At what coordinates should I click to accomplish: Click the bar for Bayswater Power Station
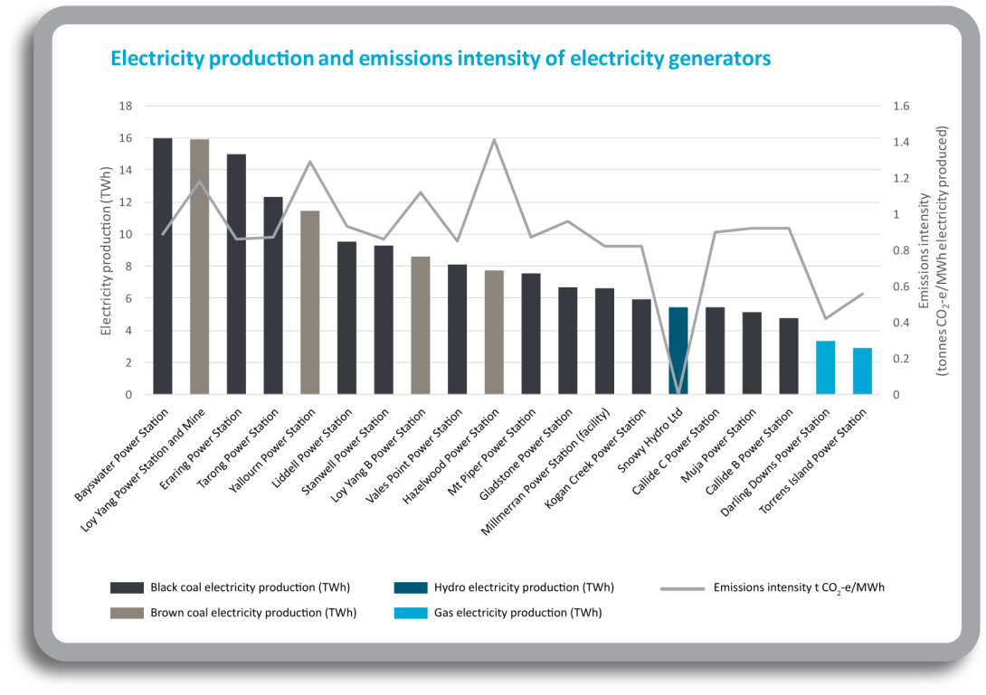click(163, 267)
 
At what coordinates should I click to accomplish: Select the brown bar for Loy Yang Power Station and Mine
click(200, 268)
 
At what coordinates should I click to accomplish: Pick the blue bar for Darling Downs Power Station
click(825, 367)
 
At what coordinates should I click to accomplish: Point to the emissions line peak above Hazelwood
click(494, 140)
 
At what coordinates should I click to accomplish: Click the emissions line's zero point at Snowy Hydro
click(678, 393)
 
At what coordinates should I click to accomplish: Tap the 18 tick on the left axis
click(126, 106)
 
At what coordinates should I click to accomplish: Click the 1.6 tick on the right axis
click(903, 106)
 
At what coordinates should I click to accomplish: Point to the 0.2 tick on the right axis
click(903, 359)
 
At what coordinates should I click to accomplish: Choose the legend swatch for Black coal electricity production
click(127, 587)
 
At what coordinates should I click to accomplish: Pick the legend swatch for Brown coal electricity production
click(127, 613)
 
